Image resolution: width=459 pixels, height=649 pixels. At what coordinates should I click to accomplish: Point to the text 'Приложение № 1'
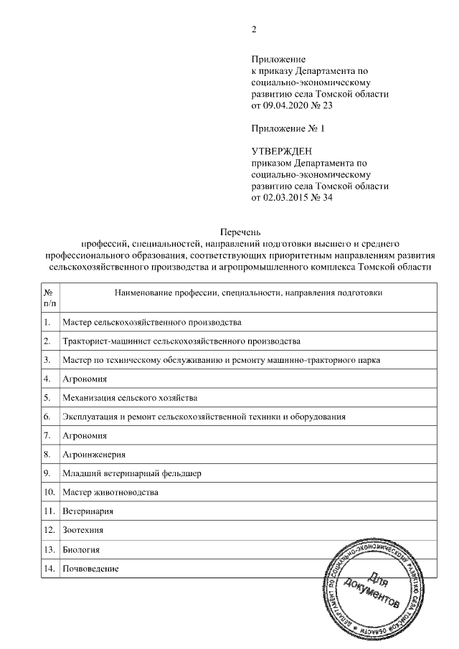click(288, 128)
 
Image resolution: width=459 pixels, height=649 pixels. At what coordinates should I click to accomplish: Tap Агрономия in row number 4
click(85, 378)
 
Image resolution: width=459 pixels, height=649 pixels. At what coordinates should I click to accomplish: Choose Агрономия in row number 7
click(85, 435)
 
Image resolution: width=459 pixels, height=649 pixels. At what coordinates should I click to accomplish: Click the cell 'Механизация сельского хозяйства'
click(130, 397)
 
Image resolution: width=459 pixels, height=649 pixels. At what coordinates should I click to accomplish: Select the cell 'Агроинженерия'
click(94, 454)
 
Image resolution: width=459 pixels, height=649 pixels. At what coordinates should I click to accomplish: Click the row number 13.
click(49, 549)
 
